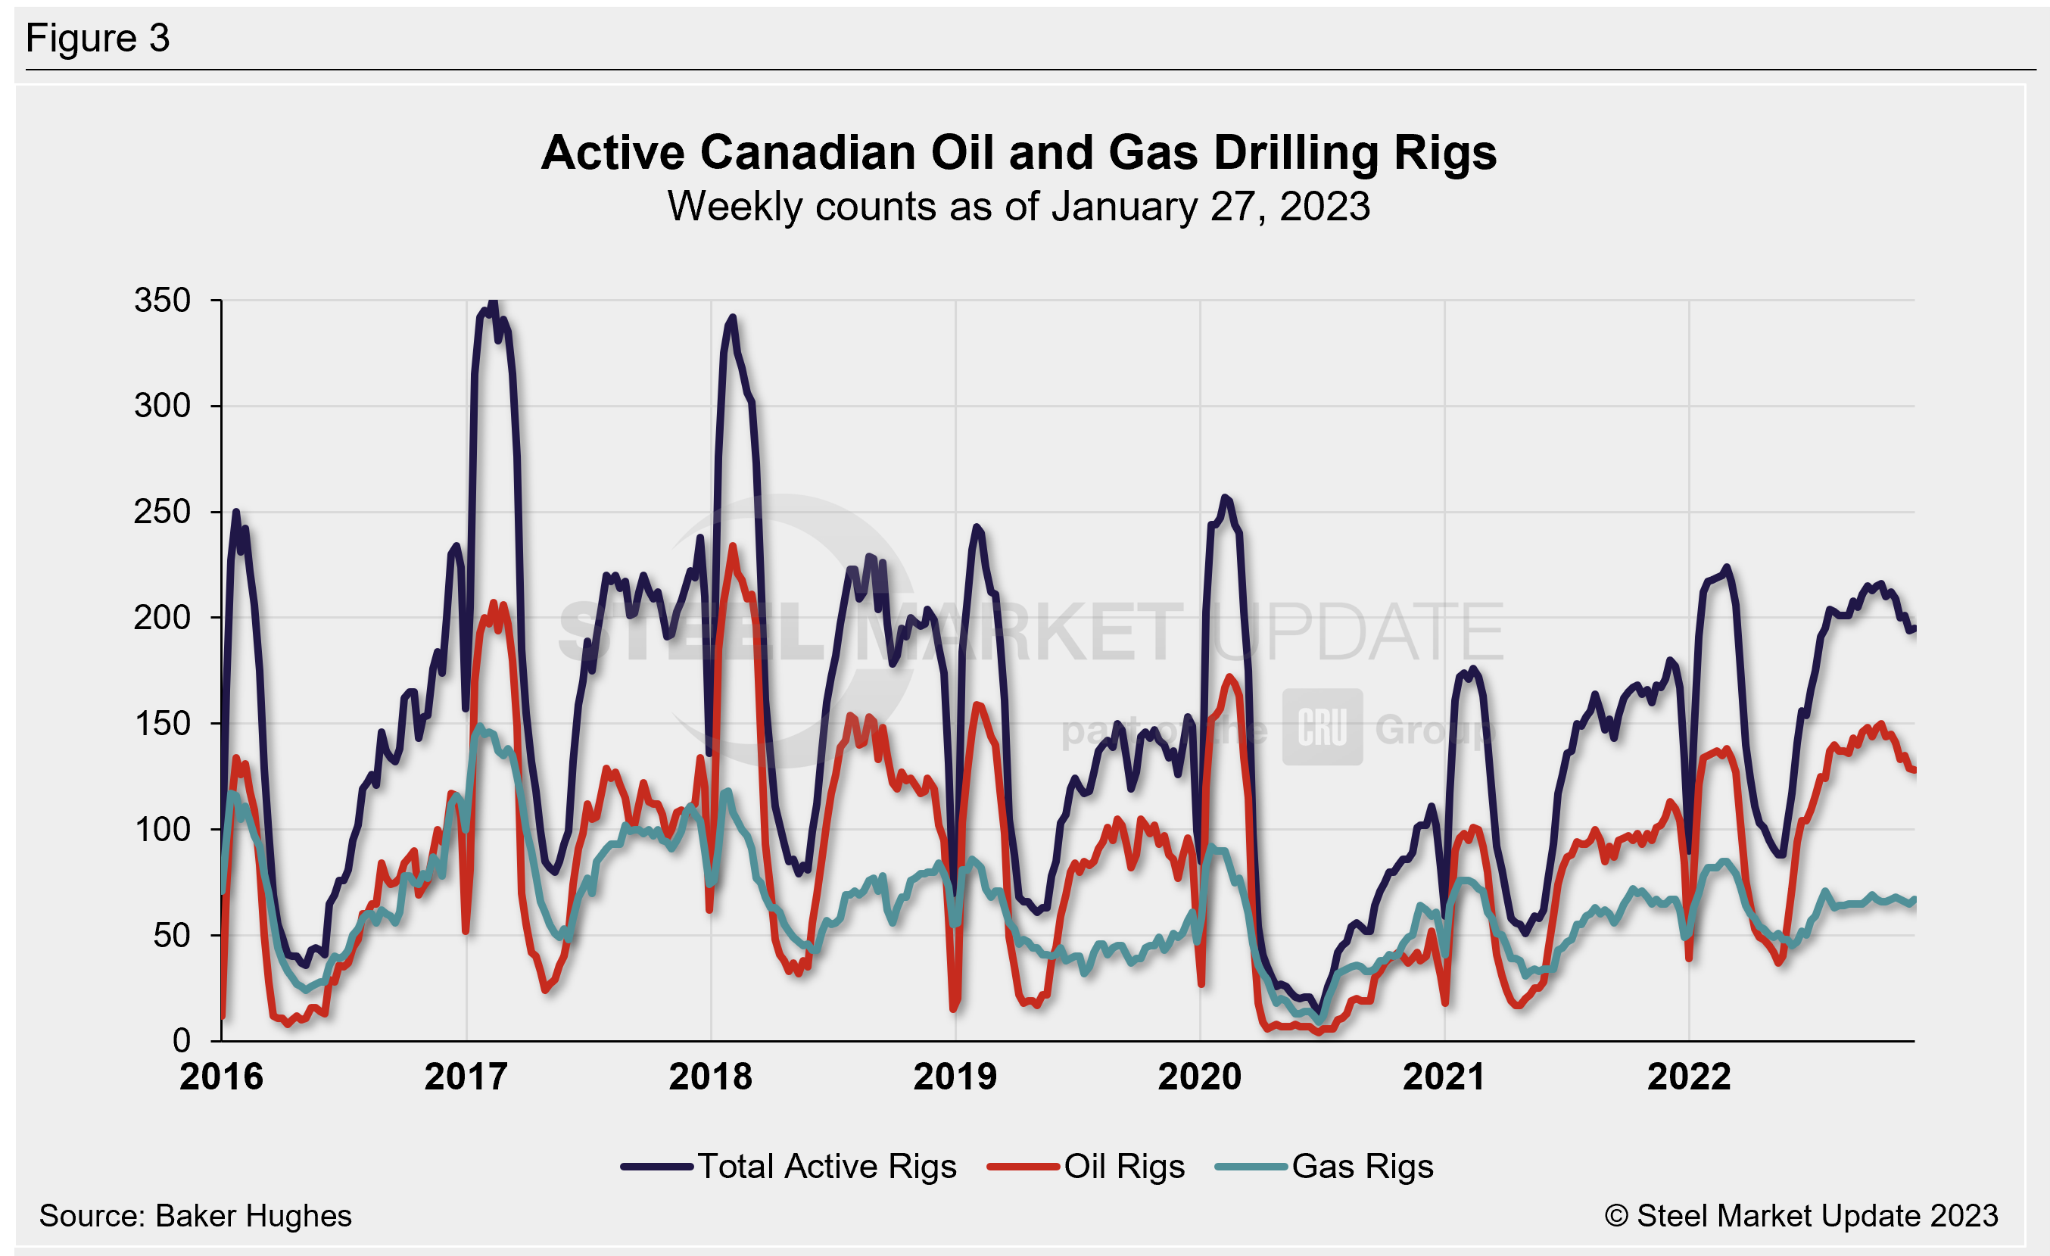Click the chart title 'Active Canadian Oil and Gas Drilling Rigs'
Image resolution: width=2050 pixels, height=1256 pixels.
click(x=1018, y=153)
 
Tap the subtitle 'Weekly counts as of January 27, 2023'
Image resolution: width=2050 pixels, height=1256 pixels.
click(x=1018, y=206)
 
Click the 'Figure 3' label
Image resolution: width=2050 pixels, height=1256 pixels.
click(x=98, y=39)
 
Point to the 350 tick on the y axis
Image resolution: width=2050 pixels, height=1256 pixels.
click(x=162, y=301)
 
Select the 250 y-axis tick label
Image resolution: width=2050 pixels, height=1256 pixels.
click(x=162, y=512)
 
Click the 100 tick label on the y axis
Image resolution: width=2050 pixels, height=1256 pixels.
click(x=162, y=829)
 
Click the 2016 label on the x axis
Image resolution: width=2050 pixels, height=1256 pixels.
click(x=221, y=1077)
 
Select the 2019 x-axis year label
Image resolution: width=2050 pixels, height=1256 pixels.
click(x=955, y=1077)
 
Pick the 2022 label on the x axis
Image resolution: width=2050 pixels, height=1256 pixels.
click(x=1689, y=1077)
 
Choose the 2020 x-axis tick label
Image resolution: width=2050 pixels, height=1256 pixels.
click(x=1200, y=1077)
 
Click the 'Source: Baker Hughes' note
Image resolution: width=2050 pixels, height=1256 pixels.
click(x=195, y=1216)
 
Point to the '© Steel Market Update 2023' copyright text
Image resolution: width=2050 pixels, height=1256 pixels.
click(x=1801, y=1216)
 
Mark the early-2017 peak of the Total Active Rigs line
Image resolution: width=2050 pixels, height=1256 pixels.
click(x=493, y=303)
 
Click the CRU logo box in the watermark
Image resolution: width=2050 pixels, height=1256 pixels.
click(x=1322, y=727)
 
